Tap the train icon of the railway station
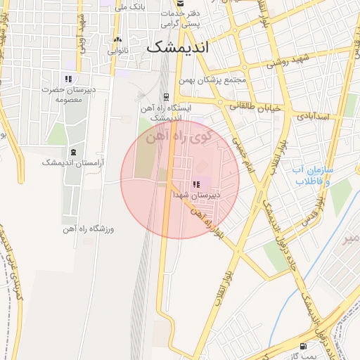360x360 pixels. click(166, 97)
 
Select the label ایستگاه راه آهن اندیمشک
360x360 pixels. click(167, 112)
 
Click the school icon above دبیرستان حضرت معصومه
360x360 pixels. click(68, 79)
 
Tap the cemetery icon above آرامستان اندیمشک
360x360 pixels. click(74, 152)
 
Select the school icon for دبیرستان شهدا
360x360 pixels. click(195, 184)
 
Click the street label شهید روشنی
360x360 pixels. click(288, 63)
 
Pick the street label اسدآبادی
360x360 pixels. click(312, 114)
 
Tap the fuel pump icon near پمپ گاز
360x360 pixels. click(303, 347)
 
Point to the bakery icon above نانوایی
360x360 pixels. click(117, 40)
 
